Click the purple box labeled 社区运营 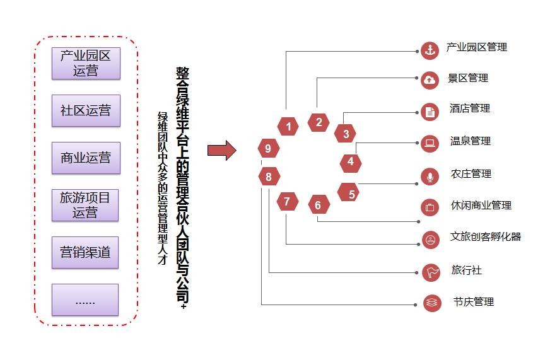click(86, 110)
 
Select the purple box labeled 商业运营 click(86, 158)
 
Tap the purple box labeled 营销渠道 click(85, 252)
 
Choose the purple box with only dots click(85, 299)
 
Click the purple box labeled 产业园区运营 click(86, 64)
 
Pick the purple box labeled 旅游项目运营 click(85, 205)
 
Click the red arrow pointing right click(222, 151)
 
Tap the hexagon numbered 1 click(288, 126)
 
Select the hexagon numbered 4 click(351, 161)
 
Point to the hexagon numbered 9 click(268, 148)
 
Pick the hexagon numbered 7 click(287, 202)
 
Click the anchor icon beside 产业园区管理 click(430, 51)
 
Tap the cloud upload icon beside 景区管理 click(430, 80)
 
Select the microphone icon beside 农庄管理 click(430, 177)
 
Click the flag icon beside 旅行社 click(431, 272)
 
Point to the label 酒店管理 click(470, 108)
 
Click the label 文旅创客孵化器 click(486, 236)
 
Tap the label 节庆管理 click(474, 301)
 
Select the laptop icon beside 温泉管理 click(430, 143)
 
